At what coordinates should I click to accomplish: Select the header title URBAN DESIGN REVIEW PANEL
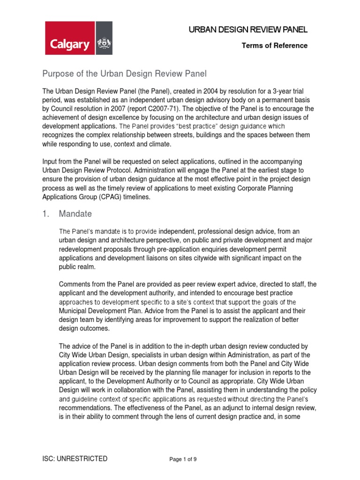(248, 30)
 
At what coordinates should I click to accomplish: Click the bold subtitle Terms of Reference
(274, 45)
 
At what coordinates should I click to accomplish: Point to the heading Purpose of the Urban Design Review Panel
(125, 74)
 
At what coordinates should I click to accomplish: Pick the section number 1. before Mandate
(46, 214)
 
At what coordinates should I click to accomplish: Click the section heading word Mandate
(75, 214)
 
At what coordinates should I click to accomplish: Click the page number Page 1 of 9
(183, 459)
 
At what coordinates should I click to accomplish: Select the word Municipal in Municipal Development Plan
(75, 311)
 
